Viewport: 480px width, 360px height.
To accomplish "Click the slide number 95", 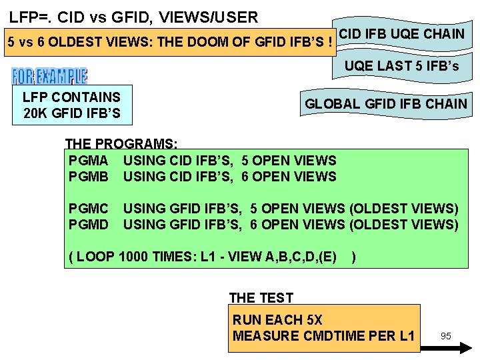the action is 446,336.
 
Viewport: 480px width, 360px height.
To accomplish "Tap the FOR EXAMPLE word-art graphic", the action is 49,75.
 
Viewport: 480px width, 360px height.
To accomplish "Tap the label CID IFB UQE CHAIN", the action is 402,34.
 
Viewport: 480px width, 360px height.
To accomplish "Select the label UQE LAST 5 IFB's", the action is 401,67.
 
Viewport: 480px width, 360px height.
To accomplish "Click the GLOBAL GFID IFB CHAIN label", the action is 386,104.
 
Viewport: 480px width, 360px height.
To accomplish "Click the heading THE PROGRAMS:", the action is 121,143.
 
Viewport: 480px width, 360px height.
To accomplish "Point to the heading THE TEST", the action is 261,298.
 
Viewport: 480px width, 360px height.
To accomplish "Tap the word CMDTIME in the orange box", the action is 337,335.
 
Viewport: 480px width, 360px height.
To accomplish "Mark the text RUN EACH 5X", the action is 277,320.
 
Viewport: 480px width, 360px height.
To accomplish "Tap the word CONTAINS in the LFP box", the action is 89,97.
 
